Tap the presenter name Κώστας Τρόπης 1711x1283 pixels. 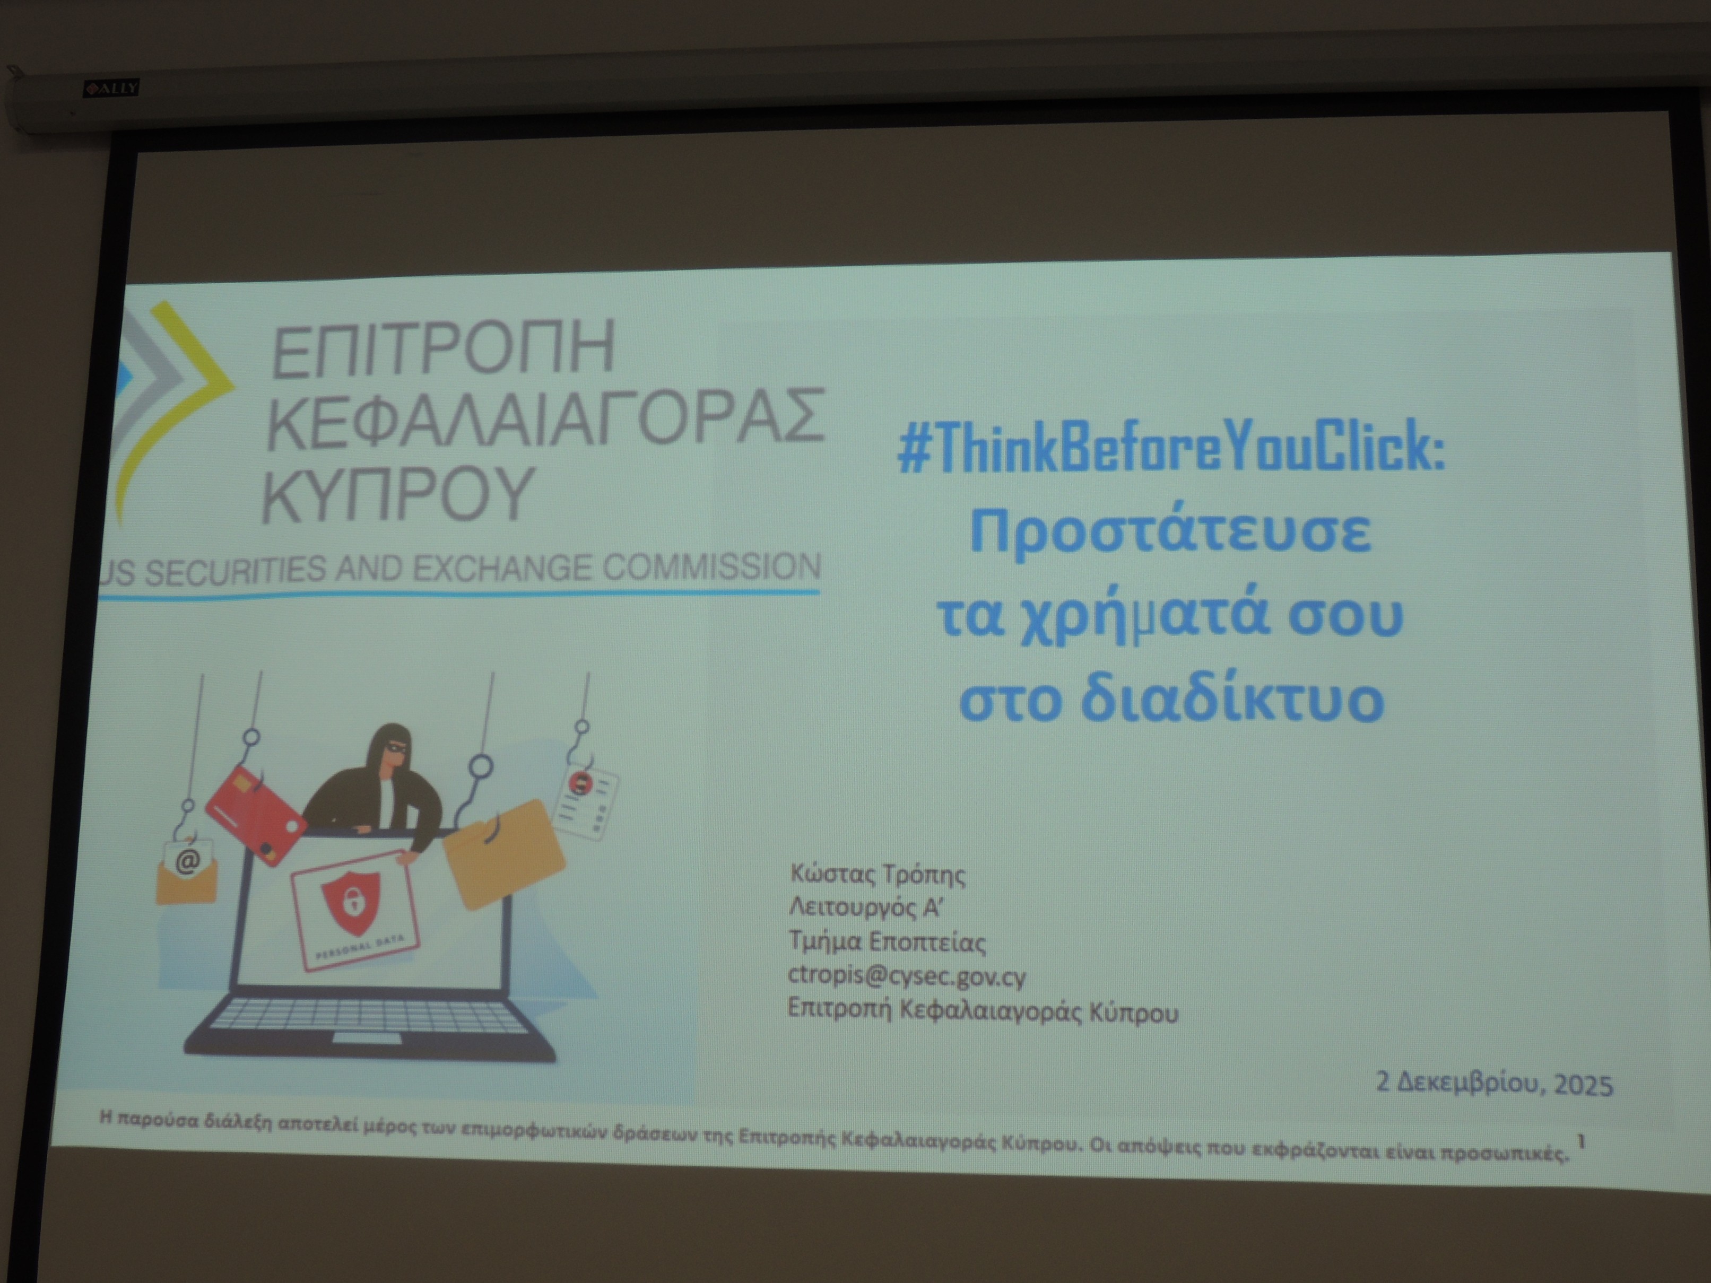click(878, 875)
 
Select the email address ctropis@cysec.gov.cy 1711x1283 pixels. click(907, 977)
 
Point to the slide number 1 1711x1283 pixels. click(1582, 1141)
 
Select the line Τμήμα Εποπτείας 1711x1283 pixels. click(887, 942)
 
